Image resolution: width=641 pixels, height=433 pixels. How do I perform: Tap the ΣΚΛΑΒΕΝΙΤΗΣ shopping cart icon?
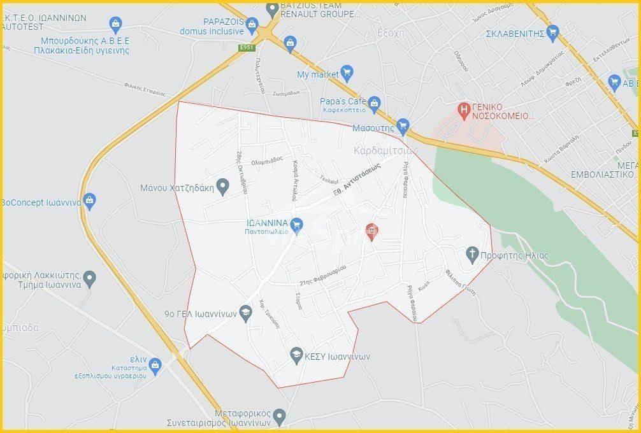click(552, 32)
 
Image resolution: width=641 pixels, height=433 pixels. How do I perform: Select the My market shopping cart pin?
click(347, 73)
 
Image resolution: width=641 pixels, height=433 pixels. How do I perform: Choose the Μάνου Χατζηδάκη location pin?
click(222, 187)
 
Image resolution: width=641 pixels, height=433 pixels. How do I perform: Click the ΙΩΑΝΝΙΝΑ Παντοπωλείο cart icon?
click(296, 224)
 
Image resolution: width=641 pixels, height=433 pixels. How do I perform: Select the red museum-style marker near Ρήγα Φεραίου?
click(372, 231)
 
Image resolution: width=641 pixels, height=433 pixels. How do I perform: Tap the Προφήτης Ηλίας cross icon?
click(472, 255)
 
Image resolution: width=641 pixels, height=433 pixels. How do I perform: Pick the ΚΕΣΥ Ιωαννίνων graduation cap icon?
click(296, 355)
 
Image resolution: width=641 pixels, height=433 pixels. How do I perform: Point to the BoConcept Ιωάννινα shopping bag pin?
click(89, 201)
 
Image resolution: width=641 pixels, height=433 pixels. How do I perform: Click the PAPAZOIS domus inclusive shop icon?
click(253, 27)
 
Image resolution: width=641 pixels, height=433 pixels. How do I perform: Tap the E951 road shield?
click(247, 48)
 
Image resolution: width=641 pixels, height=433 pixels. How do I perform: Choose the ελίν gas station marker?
click(155, 364)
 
